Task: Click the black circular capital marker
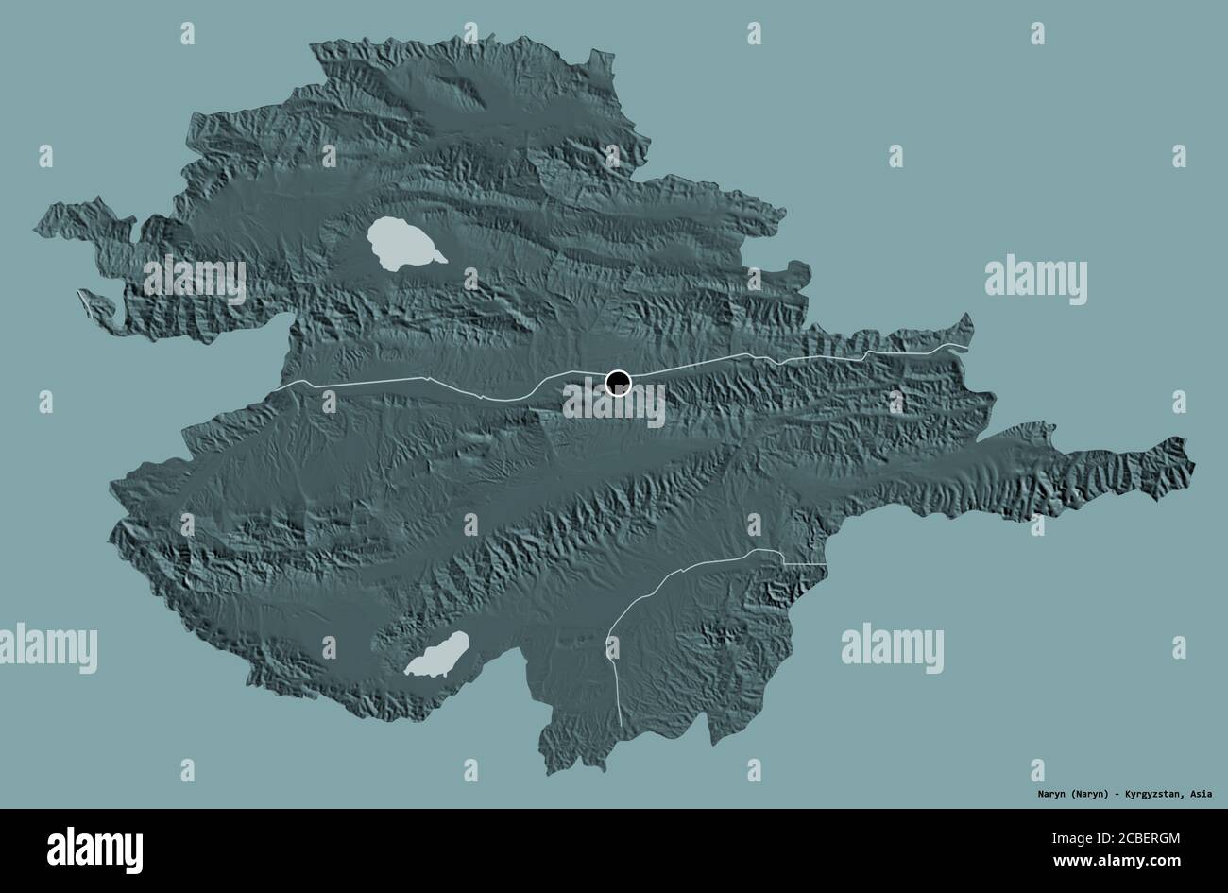(x=617, y=383)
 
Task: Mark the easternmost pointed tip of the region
(x=1193, y=463)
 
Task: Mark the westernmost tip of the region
(x=36, y=227)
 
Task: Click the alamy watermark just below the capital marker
(x=615, y=405)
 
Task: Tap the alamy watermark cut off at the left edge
(x=47, y=651)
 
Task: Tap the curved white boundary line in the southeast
(x=661, y=586)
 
